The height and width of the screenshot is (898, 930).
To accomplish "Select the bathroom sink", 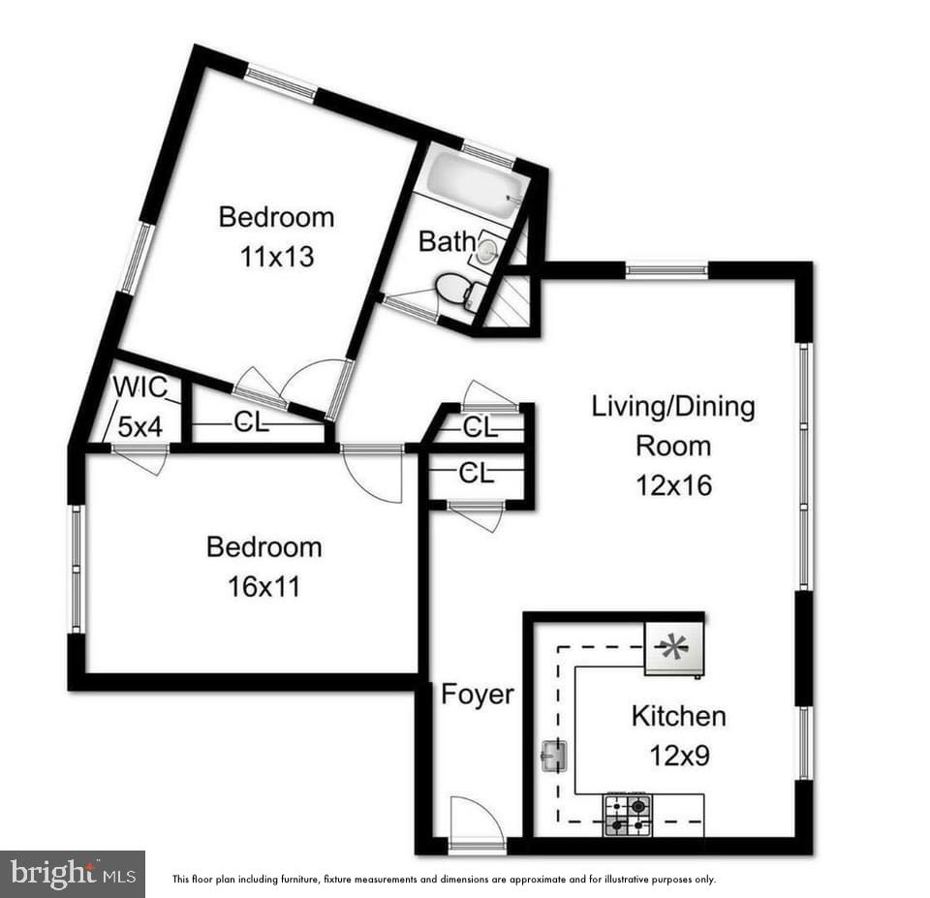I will pos(486,252).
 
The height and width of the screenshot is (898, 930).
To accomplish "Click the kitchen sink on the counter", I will pos(553,754).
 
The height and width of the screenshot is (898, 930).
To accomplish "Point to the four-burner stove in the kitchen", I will pos(627,814).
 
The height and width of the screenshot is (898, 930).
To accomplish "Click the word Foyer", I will pos(478,694).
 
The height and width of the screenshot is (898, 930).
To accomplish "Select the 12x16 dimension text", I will pos(673,484).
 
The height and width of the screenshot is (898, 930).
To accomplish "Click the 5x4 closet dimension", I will pos(139,426).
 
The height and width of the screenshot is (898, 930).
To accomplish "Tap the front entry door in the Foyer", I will pos(478,823).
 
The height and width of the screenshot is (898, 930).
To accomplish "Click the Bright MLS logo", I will pos(73,874).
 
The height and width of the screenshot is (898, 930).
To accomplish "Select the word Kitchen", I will pos(678,717).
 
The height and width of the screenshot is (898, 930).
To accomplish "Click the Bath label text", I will pos(447,241).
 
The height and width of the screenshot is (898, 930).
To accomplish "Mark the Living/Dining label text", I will pos(673,406).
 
